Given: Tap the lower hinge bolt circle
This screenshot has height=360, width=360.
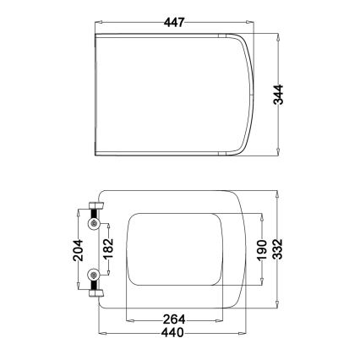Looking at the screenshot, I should [94, 275].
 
